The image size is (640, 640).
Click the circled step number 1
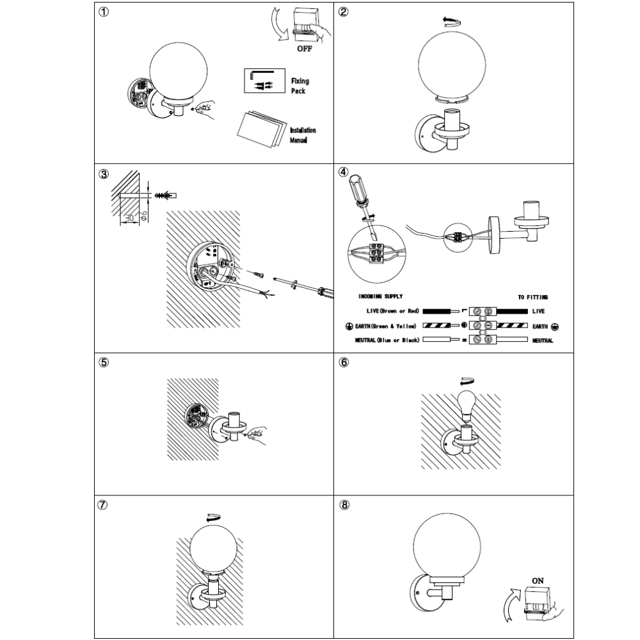[103, 13]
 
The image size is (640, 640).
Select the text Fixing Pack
[299, 86]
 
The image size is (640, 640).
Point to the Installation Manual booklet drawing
[259, 130]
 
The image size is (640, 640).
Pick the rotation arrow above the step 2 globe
[452, 20]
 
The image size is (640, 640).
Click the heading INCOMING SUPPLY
[382, 298]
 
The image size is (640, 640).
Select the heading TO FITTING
[533, 298]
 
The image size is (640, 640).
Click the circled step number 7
[103, 505]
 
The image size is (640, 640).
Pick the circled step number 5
[103, 362]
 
